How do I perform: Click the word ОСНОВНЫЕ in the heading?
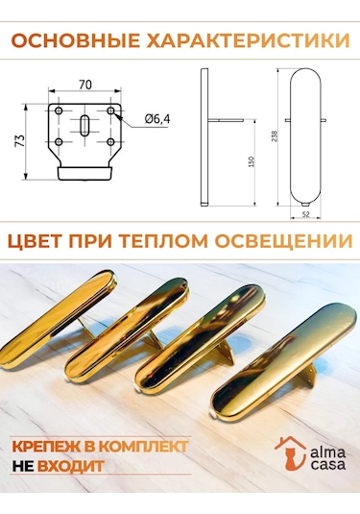pos(76,41)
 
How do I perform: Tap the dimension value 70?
pos(85,85)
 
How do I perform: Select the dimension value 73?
pos(20,140)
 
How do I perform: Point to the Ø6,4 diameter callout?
pos(157,119)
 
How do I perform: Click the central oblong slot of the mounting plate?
pos(84,125)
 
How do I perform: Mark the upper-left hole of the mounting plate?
pos(59,110)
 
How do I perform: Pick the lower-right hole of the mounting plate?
pos(110,142)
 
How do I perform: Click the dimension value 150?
pos(252,162)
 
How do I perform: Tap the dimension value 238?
pos(275,136)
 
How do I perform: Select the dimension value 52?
pos(305,214)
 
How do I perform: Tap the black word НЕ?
pos(23,466)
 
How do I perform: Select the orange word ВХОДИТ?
pos(71,466)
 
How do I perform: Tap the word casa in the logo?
pos(327,465)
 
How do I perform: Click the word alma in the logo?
pos(327,453)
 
